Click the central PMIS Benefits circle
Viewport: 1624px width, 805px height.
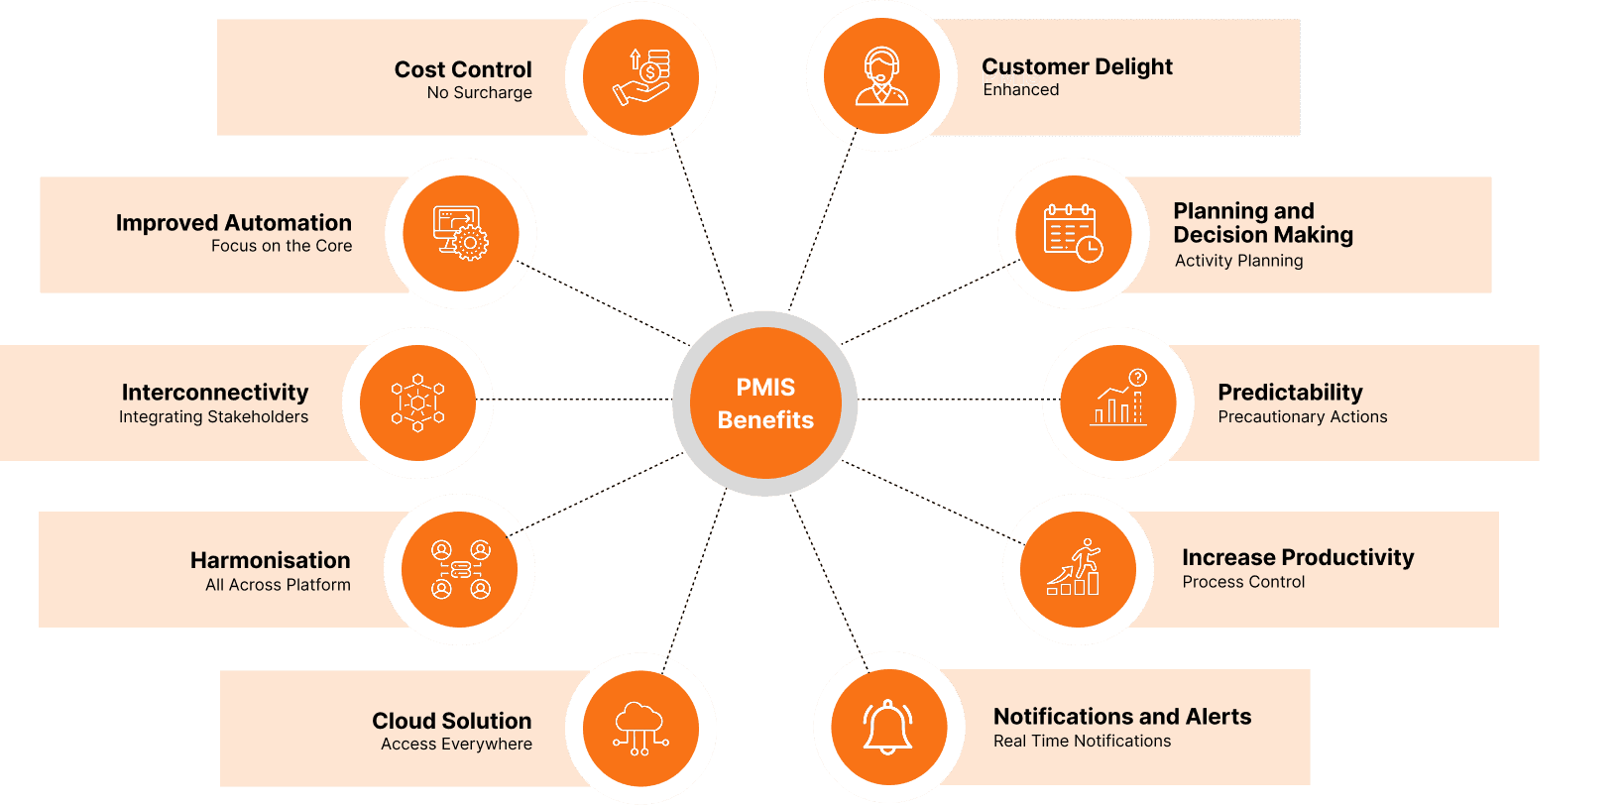(x=765, y=403)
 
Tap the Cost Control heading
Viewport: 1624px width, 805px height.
(x=463, y=69)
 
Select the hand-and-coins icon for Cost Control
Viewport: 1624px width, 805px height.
(x=641, y=76)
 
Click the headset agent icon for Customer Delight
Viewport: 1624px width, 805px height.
(x=881, y=76)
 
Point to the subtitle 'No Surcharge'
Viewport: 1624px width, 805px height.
(x=480, y=93)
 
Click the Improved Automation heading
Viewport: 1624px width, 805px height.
(x=234, y=223)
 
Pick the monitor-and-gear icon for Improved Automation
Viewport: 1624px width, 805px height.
(x=460, y=233)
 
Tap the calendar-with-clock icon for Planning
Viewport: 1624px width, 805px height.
(x=1073, y=233)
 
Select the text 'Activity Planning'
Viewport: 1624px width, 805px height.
(x=1238, y=261)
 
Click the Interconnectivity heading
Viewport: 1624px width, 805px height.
(x=215, y=393)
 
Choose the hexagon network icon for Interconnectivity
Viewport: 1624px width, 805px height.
(x=417, y=402)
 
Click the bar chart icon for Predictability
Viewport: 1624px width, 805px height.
(x=1118, y=400)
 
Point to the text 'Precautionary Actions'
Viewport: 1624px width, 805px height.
(x=1303, y=417)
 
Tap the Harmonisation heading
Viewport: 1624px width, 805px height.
(x=271, y=560)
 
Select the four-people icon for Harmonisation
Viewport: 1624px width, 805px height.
(x=460, y=569)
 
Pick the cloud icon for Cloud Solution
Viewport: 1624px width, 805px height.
(x=639, y=729)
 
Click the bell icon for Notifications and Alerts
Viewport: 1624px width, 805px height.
(x=888, y=727)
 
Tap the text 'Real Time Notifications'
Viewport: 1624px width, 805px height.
(x=1082, y=742)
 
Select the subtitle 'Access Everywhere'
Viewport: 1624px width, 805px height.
(x=456, y=745)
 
